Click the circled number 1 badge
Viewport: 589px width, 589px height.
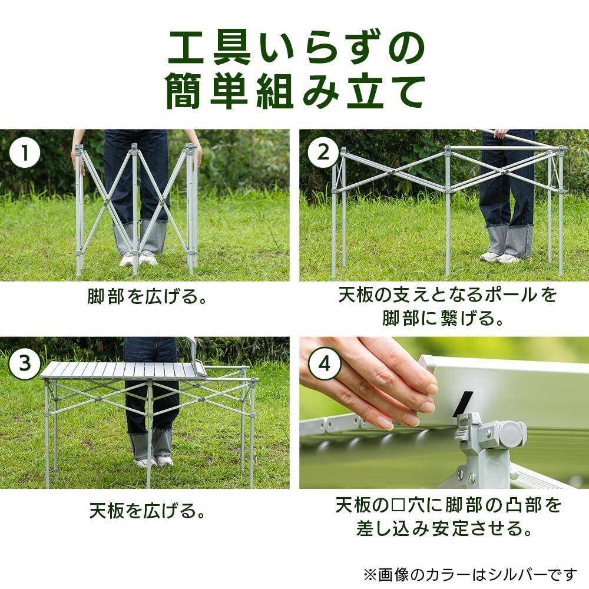pos(25,153)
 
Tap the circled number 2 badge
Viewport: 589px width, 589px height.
pos(323,153)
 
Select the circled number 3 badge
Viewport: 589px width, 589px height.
pos(25,363)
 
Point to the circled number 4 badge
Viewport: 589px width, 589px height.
pos(324,363)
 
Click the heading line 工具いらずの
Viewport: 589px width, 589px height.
pos(296,48)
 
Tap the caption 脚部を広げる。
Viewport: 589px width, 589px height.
pos(147,296)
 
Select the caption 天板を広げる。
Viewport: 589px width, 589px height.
pos(147,511)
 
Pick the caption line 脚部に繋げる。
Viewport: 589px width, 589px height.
pos(444,318)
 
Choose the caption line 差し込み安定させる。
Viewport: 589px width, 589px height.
pos(445,528)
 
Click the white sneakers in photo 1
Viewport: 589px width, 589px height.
pos(138,259)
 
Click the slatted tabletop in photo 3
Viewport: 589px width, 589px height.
pos(124,370)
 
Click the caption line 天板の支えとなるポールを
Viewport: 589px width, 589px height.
pos(447,295)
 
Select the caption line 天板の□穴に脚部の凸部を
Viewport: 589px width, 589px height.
pos(448,505)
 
